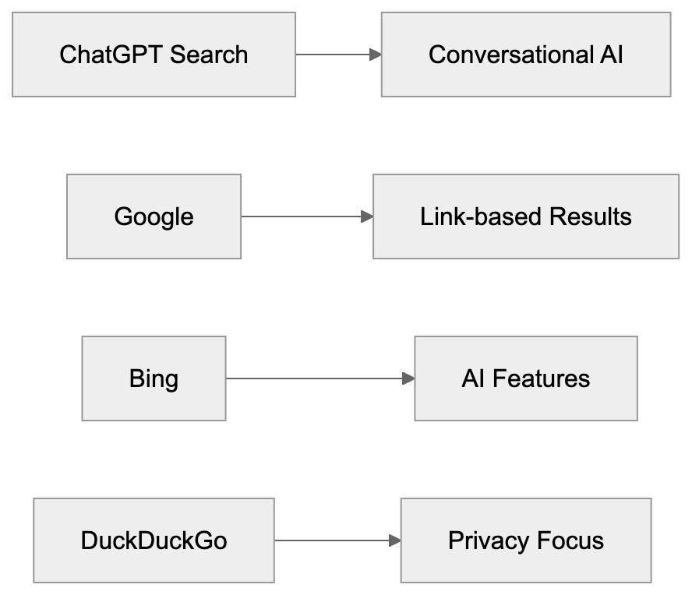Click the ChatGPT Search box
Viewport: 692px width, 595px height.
154,55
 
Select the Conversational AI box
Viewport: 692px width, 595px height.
525,55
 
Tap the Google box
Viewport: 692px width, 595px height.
154,217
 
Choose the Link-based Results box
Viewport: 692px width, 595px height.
525,217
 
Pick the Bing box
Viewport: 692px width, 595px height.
154,378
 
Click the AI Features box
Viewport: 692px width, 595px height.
525,378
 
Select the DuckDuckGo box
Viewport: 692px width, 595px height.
154,540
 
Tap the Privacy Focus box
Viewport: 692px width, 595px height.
525,540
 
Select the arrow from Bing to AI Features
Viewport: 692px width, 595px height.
320,378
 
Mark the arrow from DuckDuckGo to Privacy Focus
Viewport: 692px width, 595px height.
337,540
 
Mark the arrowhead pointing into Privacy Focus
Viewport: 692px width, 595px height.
394,540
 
